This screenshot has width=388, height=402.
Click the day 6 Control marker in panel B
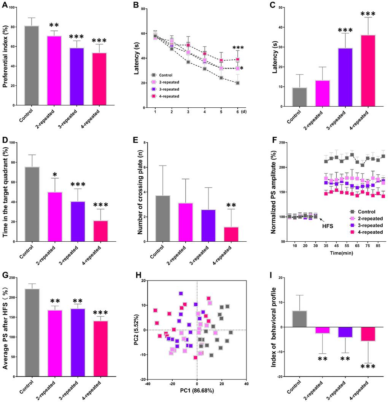pyautogui.click(x=238, y=83)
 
